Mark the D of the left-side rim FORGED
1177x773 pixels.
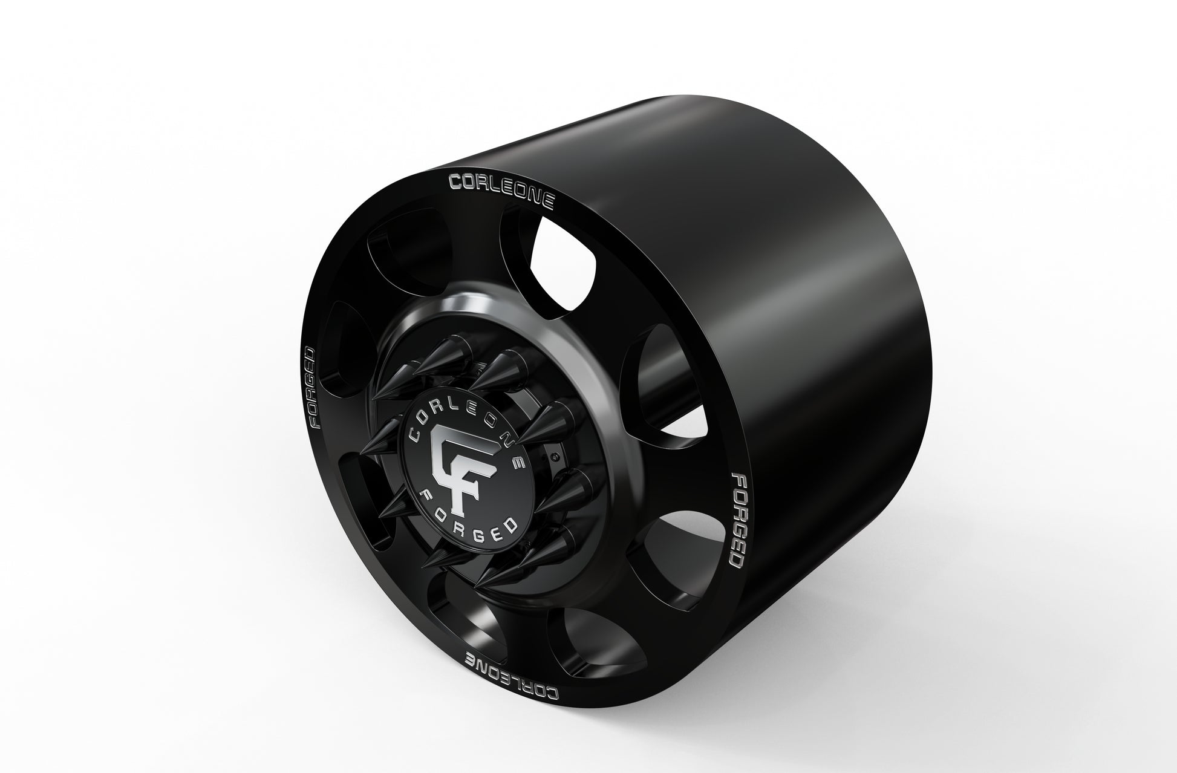310,356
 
